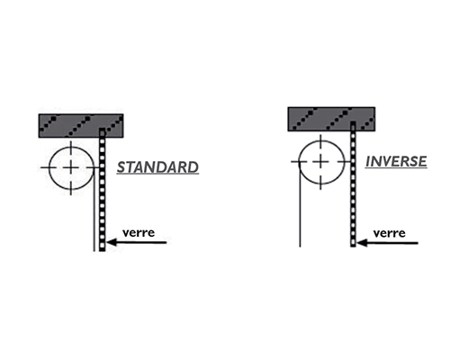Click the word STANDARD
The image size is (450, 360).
tap(157, 167)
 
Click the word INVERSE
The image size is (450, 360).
tap(396, 162)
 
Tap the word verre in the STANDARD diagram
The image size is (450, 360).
tap(139, 232)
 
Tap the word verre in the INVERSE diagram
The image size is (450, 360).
tap(390, 233)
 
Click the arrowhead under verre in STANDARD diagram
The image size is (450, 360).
tap(112, 242)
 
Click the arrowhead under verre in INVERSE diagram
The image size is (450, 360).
tap(362, 243)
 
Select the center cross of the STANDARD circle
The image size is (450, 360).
tap(71, 167)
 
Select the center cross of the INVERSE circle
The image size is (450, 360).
tap(320, 162)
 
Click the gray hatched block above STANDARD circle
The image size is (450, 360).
tap(81, 126)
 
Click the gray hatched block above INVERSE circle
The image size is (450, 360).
tap(331, 119)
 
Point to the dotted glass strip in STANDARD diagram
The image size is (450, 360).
tap(103, 190)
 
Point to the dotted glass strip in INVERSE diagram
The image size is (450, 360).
tap(353, 184)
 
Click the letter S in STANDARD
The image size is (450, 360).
tap(121, 167)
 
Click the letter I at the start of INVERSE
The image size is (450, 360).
tap(368, 162)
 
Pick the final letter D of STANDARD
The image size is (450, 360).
tap(193, 167)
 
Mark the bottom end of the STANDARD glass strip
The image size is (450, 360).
tap(103, 251)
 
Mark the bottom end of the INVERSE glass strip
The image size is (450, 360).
tap(353, 247)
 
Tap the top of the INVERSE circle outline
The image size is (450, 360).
tap(321, 140)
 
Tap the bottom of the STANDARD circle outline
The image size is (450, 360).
tap(71, 190)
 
